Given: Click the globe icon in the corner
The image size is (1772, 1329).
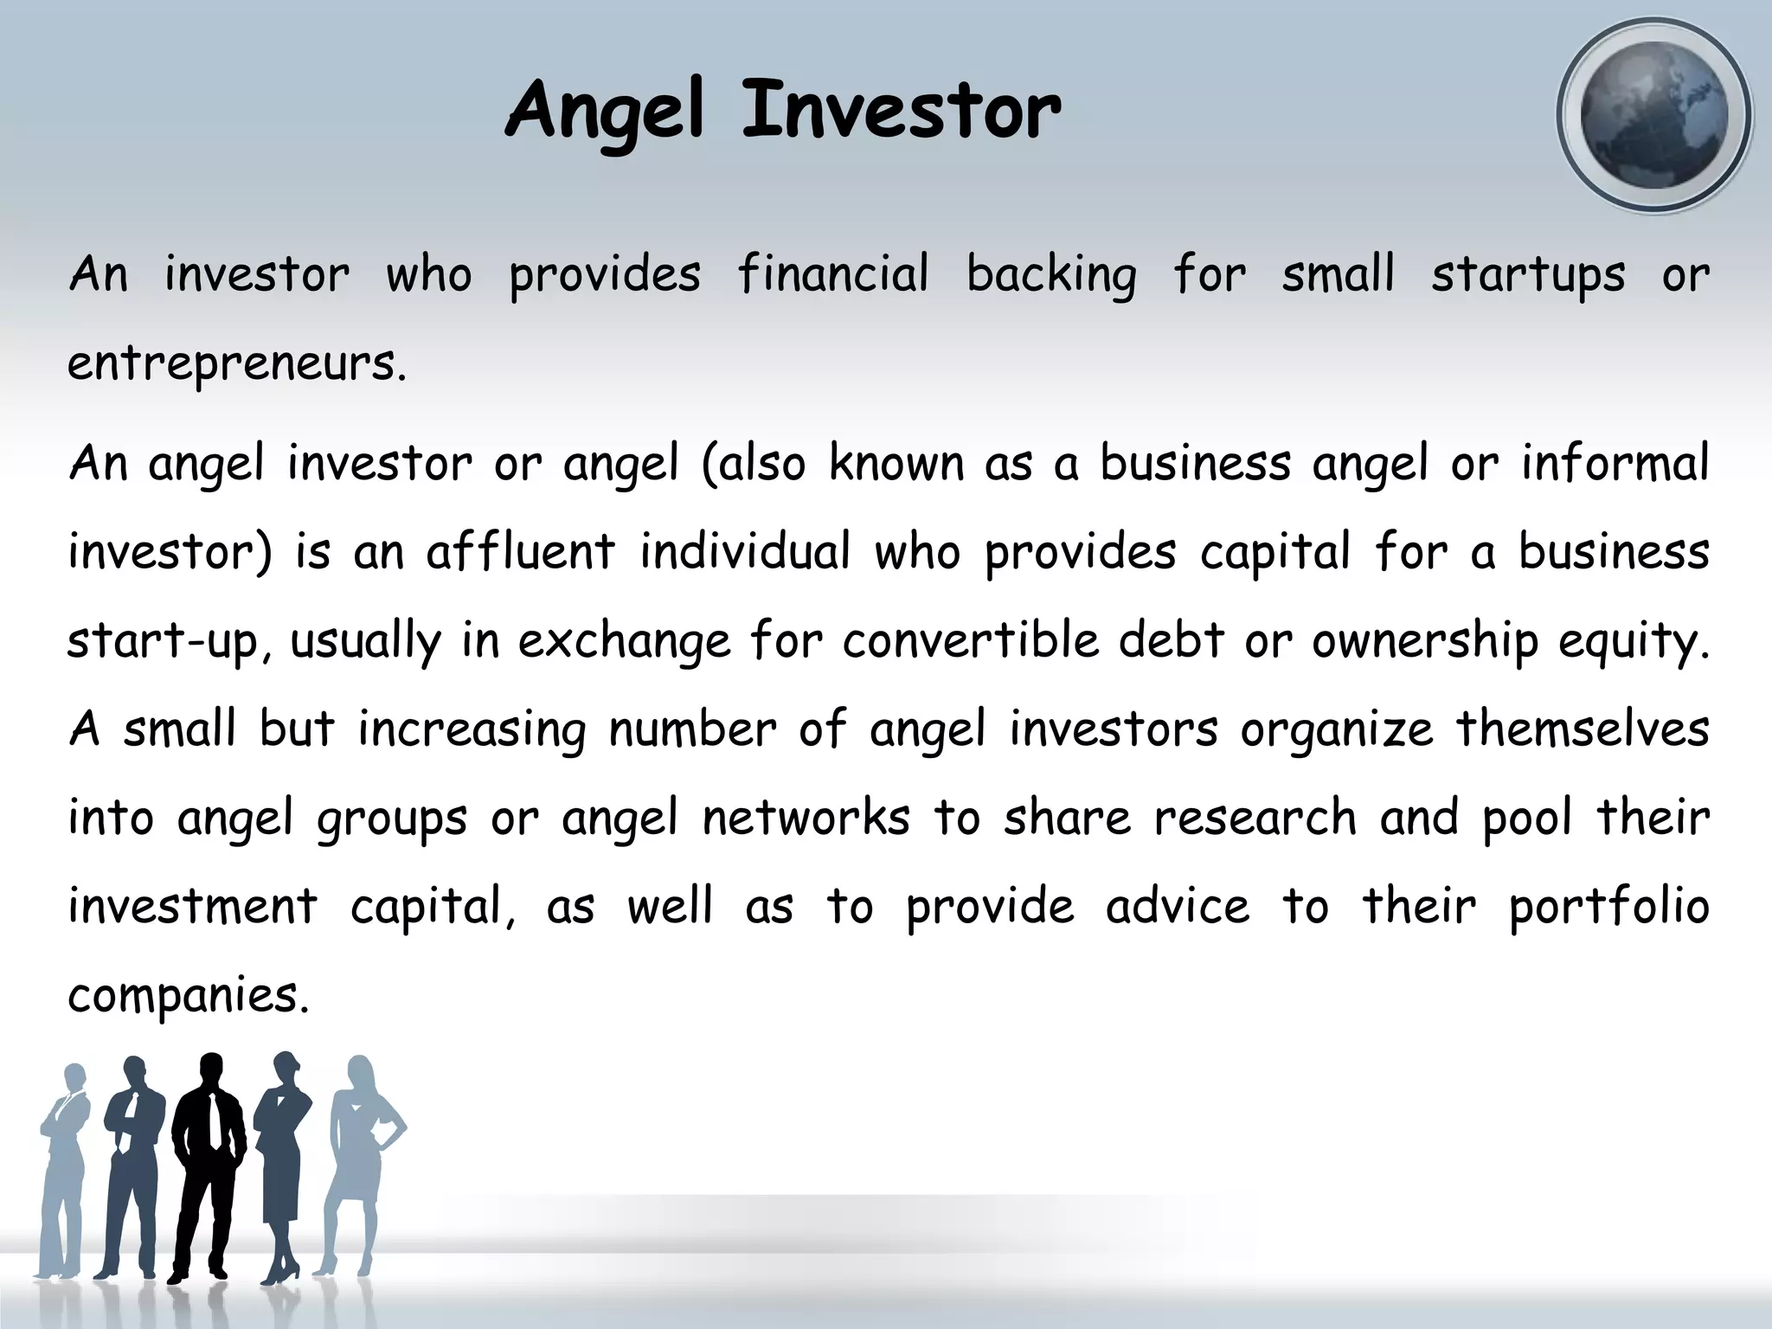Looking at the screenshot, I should (x=1653, y=115).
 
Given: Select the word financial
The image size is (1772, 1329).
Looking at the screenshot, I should (x=833, y=275).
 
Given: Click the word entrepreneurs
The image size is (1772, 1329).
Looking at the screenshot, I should (x=235, y=364).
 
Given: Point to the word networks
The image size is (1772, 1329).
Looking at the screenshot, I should (x=806, y=819).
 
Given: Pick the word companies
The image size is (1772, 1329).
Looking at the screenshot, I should (x=187, y=997).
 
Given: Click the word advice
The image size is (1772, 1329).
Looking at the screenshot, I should (x=1178, y=907).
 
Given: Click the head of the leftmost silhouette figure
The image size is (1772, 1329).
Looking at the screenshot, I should (x=75, y=1078).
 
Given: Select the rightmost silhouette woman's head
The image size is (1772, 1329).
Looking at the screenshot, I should (x=359, y=1073).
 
